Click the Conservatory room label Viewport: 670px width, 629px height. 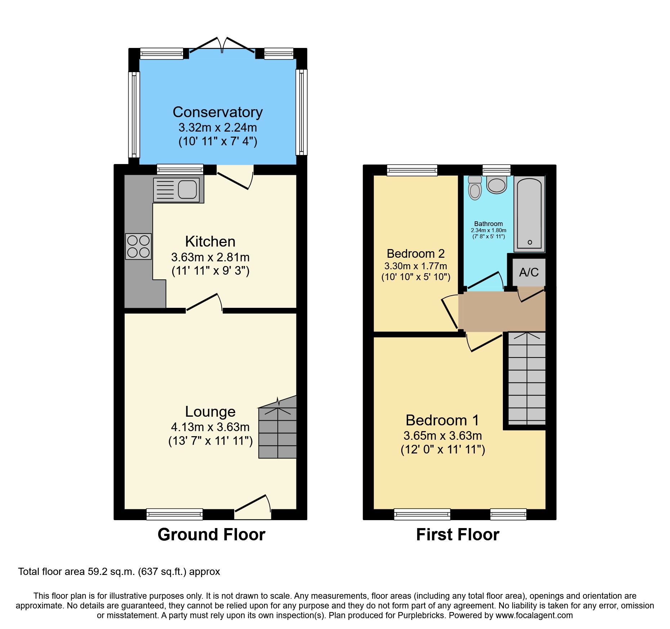pos(218,112)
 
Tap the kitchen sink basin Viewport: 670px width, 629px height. pos(187,190)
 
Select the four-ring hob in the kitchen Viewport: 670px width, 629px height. pos(138,247)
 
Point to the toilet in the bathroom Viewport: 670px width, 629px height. pos(475,188)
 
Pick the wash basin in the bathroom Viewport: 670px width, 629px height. pos(497,185)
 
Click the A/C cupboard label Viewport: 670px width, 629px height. pos(529,272)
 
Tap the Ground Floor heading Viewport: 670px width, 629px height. pos(211,535)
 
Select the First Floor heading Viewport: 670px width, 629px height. pos(457,535)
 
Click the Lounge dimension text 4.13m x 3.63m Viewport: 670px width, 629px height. pos(210,427)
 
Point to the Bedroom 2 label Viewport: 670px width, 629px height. pos(416,254)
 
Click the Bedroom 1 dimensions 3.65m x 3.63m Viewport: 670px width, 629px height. pos(443,436)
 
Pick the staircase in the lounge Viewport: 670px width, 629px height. pos(278,431)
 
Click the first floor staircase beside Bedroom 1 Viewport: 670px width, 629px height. pos(527,378)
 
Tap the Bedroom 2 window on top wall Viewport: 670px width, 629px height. pos(412,170)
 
